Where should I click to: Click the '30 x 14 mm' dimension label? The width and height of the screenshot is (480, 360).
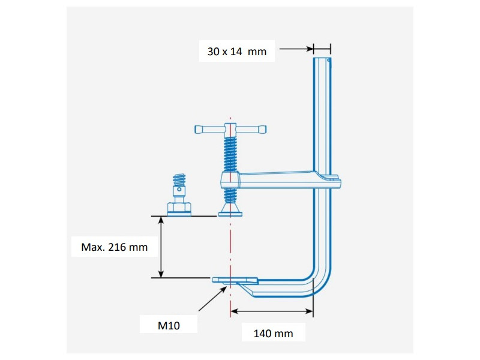pyautogui.click(x=236, y=52)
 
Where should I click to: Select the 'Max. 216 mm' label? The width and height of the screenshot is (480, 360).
pyautogui.click(x=114, y=247)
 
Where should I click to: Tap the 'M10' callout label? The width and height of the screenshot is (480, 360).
pyautogui.click(x=169, y=325)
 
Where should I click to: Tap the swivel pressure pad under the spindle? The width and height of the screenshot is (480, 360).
pyautogui.click(x=230, y=209)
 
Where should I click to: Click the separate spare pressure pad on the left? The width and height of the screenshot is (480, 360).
pyautogui.click(x=178, y=208)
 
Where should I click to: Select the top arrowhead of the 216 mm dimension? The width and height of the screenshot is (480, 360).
pyautogui.click(x=161, y=220)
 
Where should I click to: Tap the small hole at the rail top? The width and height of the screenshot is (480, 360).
pyautogui.click(x=328, y=60)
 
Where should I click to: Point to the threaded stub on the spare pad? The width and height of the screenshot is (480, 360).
pyautogui.click(x=178, y=179)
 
